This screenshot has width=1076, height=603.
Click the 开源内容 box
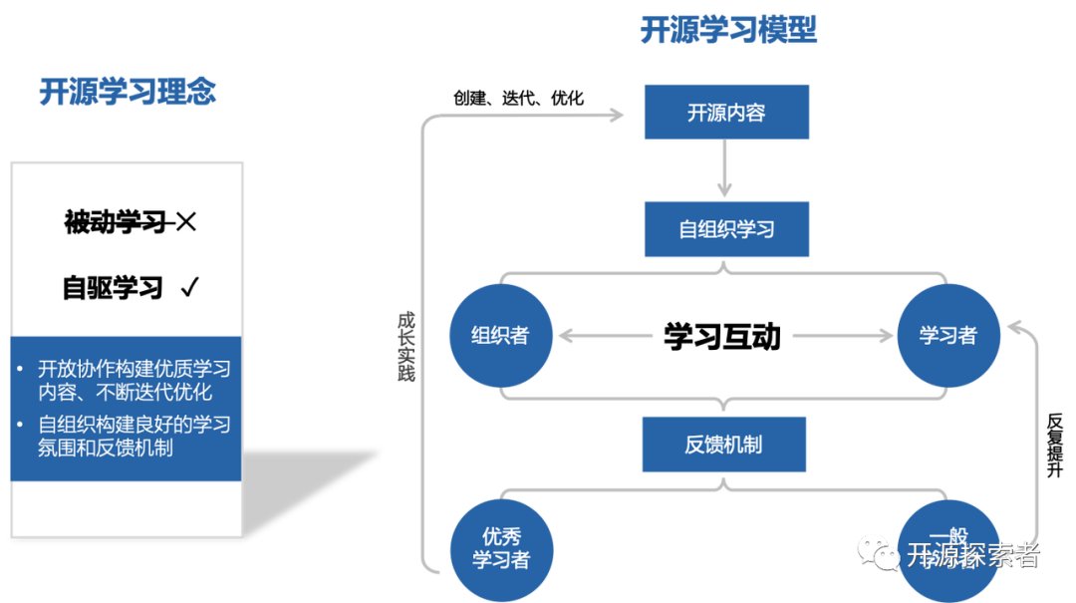click(725, 113)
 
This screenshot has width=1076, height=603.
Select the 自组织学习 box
click(725, 229)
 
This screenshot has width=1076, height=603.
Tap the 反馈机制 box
click(723, 445)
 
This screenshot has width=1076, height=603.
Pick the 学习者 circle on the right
click(946, 336)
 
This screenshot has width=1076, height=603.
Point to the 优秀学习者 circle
click(500, 549)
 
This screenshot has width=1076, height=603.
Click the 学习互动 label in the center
click(722, 336)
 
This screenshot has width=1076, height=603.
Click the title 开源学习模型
click(728, 32)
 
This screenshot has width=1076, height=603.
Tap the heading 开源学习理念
click(128, 92)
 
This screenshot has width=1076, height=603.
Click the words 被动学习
click(115, 222)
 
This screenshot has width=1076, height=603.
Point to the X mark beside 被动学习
click(185, 222)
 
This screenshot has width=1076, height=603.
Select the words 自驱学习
click(113, 288)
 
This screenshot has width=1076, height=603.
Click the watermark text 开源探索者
click(971, 555)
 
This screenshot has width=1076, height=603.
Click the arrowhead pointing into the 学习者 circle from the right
click(1015, 324)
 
